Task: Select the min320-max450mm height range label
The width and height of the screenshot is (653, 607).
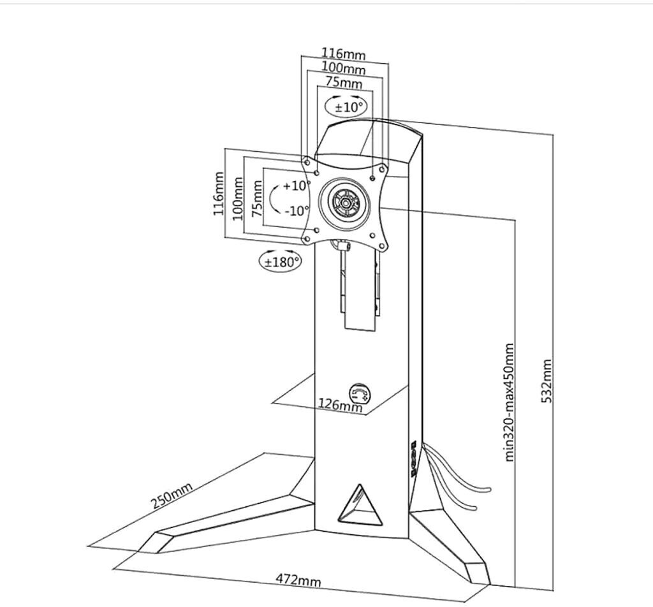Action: pos(508,402)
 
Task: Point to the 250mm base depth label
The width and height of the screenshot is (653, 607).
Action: pos(172,497)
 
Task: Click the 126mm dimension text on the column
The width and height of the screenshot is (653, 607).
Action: pos(339,405)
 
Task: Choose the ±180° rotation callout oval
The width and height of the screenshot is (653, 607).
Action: pos(280,261)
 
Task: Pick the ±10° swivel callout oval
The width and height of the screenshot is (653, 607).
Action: pos(347,106)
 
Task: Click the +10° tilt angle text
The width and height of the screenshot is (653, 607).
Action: pos(296,186)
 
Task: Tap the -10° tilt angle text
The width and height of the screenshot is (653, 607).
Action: pos(297,210)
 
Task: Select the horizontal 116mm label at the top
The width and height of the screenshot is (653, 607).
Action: pos(343,54)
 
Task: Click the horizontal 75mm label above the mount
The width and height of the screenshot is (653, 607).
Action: pos(344,83)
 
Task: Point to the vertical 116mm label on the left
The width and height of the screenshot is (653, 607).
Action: pos(219,194)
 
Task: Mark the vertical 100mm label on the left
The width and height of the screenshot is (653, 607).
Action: pos(238,198)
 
